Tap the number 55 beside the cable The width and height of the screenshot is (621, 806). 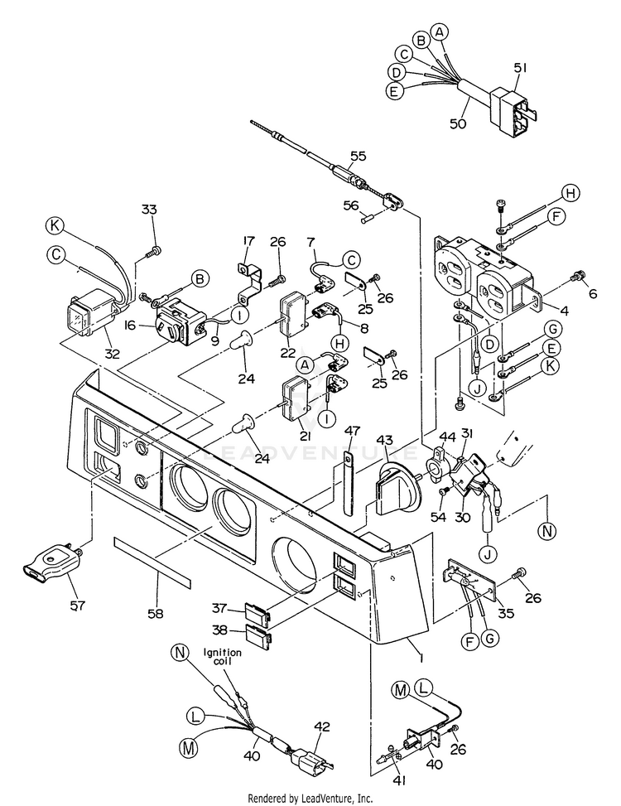click(358, 155)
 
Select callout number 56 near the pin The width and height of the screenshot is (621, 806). click(351, 206)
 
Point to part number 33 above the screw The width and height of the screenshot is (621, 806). click(149, 210)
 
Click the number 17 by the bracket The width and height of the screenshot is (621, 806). click(248, 241)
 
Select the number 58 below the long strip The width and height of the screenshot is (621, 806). click(155, 614)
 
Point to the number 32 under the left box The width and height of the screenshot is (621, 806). click(112, 354)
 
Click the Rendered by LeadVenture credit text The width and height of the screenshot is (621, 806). click(310, 798)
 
